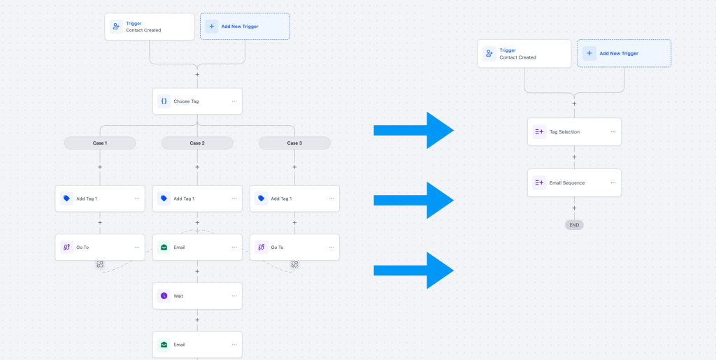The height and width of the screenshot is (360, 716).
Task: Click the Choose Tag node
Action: pos(197,101)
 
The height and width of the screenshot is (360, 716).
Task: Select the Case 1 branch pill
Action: pos(100,143)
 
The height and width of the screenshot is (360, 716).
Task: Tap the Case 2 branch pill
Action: pos(197,143)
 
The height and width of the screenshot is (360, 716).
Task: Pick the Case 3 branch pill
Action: pos(294,143)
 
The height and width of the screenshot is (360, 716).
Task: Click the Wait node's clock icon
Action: pos(164,296)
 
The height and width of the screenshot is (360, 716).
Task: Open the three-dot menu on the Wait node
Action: pos(234,296)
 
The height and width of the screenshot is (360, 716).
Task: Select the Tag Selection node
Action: pos(574,132)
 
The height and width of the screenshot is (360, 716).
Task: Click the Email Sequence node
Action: pos(574,183)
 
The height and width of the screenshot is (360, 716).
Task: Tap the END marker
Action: pos(574,225)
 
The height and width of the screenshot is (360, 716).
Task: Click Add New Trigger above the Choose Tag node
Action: pos(245,27)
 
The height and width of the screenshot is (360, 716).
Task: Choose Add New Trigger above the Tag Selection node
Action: pos(624,53)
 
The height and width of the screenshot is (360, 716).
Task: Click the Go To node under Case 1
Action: pos(100,247)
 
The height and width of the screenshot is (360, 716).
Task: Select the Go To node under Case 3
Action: pos(294,247)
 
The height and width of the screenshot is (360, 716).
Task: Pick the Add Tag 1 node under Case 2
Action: pos(197,199)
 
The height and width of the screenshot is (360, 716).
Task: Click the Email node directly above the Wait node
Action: pos(197,247)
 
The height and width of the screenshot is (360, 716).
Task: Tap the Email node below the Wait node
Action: pos(197,345)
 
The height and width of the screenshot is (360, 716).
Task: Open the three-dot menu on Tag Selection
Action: pos(613,132)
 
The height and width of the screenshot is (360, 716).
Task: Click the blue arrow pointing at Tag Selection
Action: pos(414,131)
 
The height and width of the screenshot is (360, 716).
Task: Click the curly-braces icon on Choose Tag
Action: pos(164,101)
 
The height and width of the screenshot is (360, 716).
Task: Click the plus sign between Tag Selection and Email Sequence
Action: pos(574,157)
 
